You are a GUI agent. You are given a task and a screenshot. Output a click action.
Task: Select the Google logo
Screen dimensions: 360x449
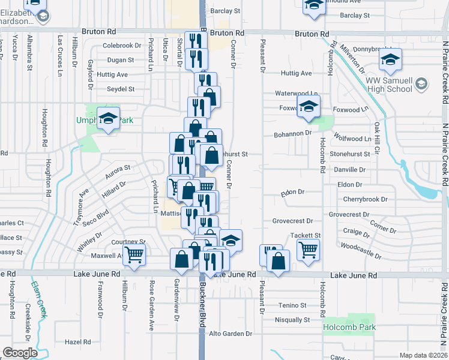[20, 353]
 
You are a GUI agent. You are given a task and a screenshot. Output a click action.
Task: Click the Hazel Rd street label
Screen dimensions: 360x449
[77, 342]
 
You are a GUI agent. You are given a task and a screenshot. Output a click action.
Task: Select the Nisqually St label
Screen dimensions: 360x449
[293, 320]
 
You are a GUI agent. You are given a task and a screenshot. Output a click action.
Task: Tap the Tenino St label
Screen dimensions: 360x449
[292, 305]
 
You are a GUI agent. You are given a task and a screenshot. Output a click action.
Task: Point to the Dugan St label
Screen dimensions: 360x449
[121, 60]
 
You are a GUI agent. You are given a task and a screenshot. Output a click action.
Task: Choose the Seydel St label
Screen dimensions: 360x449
[121, 89]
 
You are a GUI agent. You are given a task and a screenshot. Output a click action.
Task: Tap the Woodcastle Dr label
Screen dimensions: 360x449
[361, 250]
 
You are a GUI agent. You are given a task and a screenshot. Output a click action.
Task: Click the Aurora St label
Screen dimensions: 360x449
[118, 169]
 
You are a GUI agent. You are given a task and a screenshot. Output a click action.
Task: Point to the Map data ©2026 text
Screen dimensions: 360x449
[423, 355]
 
